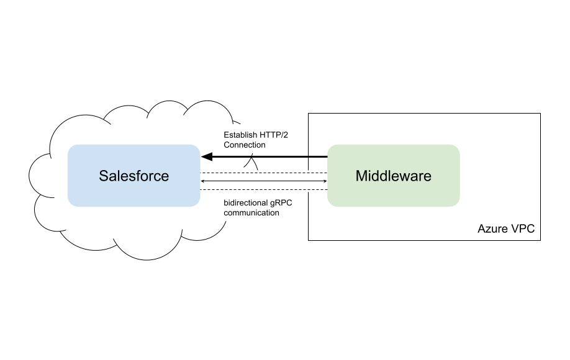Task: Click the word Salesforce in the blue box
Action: pyautogui.click(x=133, y=176)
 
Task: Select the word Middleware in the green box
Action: pyautogui.click(x=393, y=176)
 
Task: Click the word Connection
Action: pyautogui.click(x=245, y=145)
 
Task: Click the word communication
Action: pyautogui.click(x=251, y=213)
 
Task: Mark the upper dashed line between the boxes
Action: pyautogui.click(x=264, y=172)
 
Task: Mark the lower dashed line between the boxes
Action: pyautogui.click(x=264, y=190)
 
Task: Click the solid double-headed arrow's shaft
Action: pyautogui.click(x=264, y=181)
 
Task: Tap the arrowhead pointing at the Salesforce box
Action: pyautogui.click(x=203, y=181)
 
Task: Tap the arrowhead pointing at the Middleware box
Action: pyautogui.click(x=325, y=181)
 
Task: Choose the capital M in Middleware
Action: pyautogui.click(x=361, y=176)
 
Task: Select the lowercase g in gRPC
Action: pyautogui.click(x=273, y=203)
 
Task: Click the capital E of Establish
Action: pyautogui.click(x=227, y=135)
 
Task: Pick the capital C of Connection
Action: pyautogui.click(x=227, y=145)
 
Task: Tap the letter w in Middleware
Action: pyautogui.click(x=402, y=176)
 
